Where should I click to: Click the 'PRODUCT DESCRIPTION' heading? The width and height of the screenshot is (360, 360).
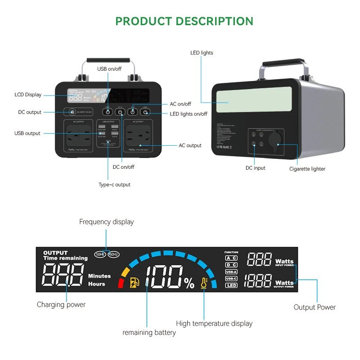(x=184, y=21)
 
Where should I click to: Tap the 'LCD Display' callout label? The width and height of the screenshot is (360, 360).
(x=28, y=94)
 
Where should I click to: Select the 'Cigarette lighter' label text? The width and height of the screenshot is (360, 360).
(x=307, y=169)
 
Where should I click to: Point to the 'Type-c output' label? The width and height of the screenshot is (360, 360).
(x=114, y=184)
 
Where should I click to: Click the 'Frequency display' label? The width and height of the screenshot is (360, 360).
(x=107, y=222)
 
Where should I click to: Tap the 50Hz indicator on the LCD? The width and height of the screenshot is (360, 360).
(x=100, y=254)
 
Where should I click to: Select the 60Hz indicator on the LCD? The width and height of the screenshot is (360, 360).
(x=113, y=254)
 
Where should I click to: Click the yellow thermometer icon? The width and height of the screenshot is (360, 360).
(x=204, y=283)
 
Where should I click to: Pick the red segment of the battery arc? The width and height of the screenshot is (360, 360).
(x=121, y=283)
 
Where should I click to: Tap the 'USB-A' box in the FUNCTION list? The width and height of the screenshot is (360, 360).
(x=231, y=272)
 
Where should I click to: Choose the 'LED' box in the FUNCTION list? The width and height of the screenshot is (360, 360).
(x=231, y=285)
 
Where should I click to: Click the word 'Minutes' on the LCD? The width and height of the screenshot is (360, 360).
(x=99, y=276)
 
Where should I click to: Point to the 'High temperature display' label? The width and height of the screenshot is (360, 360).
(x=214, y=324)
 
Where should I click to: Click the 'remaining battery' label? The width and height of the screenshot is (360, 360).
(x=149, y=333)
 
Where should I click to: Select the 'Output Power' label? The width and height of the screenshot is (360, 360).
(x=315, y=307)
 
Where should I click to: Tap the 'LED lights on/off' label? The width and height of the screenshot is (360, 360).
(x=188, y=114)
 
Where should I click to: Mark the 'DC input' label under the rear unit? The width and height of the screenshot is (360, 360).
(x=255, y=168)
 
